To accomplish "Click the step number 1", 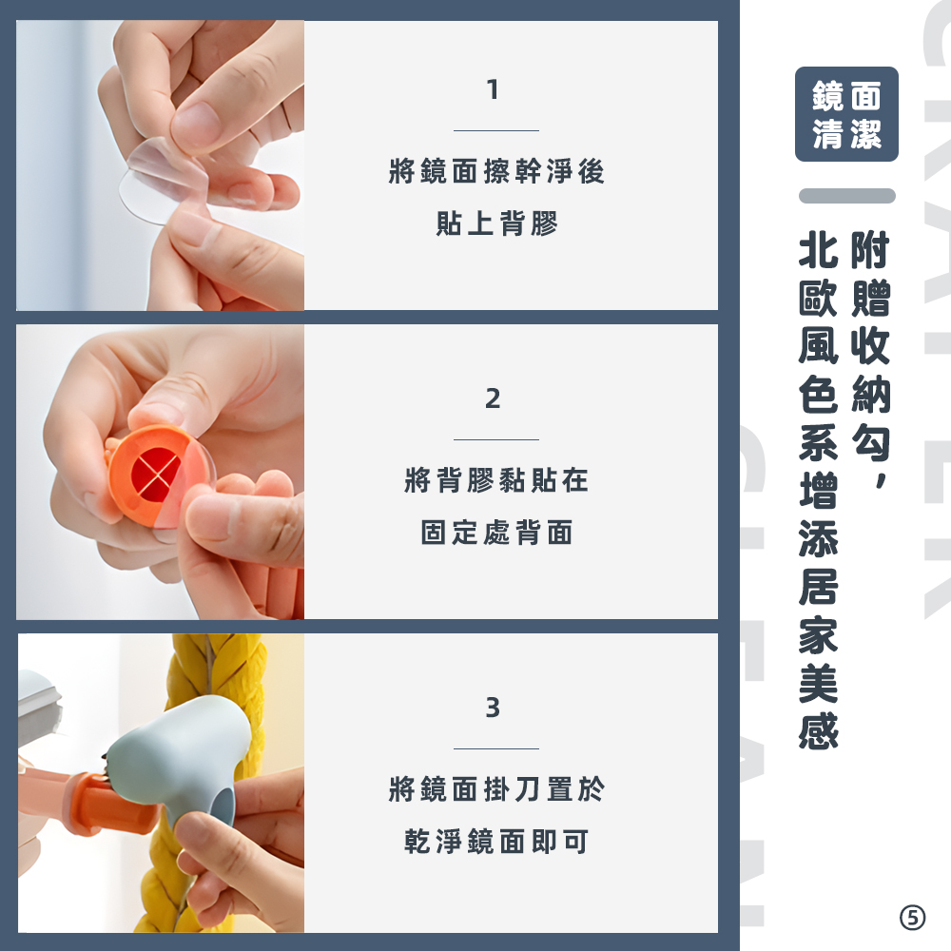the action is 493,89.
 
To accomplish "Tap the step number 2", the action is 493,398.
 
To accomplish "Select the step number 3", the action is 493,708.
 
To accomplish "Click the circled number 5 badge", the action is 912,918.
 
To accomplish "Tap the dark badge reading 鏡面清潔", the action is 846,114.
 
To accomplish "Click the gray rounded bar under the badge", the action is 846,196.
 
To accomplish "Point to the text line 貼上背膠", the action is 496,223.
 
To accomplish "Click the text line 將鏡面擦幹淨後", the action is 496,171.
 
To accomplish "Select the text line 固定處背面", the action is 496,533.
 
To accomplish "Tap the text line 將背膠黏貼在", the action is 496,480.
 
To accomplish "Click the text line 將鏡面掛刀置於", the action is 496,789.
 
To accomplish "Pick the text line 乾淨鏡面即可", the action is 496,842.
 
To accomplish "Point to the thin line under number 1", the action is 496,130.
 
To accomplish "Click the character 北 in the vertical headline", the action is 818,250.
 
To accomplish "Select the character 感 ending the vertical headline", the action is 818,730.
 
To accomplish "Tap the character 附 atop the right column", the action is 871,250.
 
